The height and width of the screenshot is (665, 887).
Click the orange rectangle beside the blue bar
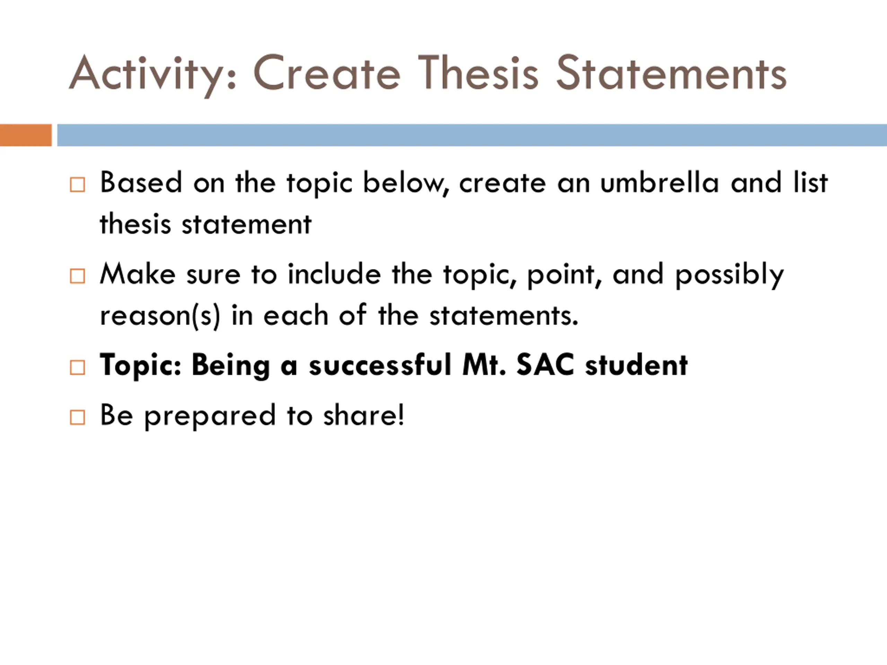click(26, 135)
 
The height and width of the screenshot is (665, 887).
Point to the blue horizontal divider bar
click(472, 135)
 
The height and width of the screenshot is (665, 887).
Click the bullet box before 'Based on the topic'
click(77, 185)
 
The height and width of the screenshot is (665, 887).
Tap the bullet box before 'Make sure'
click(77, 276)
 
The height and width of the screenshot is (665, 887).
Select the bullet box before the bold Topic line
click(77, 367)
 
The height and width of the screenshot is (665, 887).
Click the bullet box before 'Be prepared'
click(77, 417)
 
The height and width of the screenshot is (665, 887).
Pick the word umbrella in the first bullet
click(660, 183)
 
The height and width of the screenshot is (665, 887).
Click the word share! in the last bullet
click(364, 415)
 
